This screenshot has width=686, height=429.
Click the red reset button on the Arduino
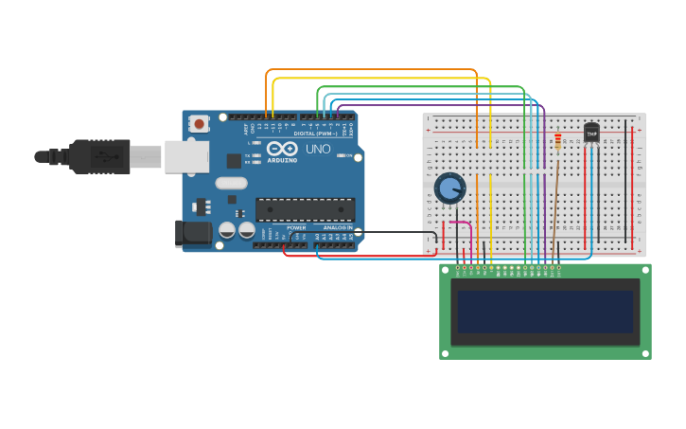(x=199, y=124)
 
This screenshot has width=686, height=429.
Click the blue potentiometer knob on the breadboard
(x=449, y=188)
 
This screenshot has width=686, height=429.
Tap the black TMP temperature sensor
(x=591, y=133)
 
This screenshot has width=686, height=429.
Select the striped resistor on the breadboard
(x=557, y=141)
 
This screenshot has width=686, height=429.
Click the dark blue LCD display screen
(x=545, y=312)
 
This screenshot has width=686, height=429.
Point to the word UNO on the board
(x=318, y=149)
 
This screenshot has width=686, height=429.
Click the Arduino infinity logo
(x=282, y=148)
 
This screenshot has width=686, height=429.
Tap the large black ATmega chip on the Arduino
(x=305, y=209)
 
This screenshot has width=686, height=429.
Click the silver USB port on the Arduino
(x=186, y=156)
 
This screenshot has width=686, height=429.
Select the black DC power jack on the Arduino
(x=194, y=233)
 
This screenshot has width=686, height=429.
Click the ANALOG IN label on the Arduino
(x=337, y=228)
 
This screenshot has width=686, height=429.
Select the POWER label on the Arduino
(x=296, y=228)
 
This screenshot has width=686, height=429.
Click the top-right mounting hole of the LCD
(x=645, y=270)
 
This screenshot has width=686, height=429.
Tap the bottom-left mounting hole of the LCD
(x=445, y=354)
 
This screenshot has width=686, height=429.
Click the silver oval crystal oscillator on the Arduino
(x=231, y=183)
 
